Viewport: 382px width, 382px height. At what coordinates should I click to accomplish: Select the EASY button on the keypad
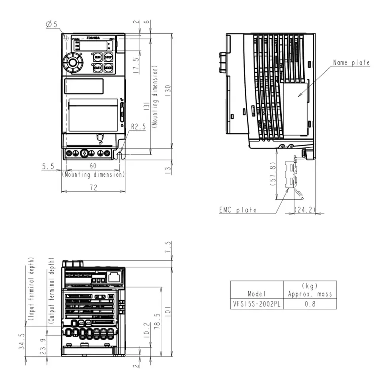(98, 68)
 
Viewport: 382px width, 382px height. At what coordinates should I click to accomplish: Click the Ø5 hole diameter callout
(52, 25)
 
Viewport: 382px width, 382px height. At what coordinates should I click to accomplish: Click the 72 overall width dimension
(93, 188)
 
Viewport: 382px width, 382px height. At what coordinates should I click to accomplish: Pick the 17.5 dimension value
(136, 65)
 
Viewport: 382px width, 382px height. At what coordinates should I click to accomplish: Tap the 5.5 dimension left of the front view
(48, 167)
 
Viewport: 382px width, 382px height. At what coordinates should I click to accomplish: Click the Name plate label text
(351, 62)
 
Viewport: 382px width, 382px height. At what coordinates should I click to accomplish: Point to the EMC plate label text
(238, 210)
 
